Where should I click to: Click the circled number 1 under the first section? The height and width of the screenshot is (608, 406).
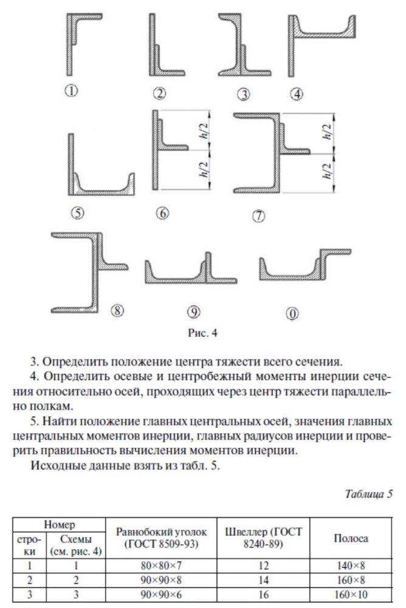71,91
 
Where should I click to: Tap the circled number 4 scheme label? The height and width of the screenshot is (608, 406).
297,94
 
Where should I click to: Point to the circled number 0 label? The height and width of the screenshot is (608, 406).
293,314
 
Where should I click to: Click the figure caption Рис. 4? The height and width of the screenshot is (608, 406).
202,333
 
